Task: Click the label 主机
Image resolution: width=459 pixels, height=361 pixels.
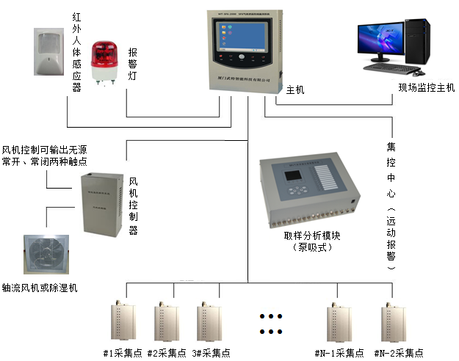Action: click(x=295, y=90)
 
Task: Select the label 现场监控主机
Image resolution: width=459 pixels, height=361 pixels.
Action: click(x=426, y=87)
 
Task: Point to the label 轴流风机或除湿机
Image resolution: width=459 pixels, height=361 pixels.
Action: click(x=40, y=288)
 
